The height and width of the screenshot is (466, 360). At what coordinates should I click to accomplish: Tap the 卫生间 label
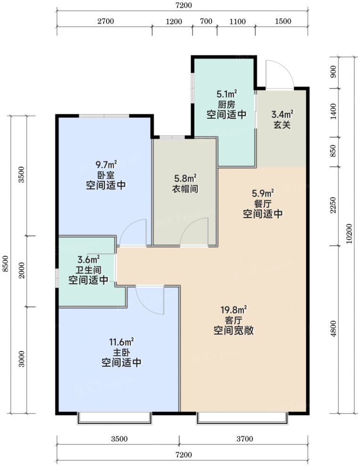(x=89, y=270)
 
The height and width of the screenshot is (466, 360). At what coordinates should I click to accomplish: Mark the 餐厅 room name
(x=263, y=204)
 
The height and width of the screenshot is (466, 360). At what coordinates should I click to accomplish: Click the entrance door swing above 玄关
(x=278, y=75)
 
